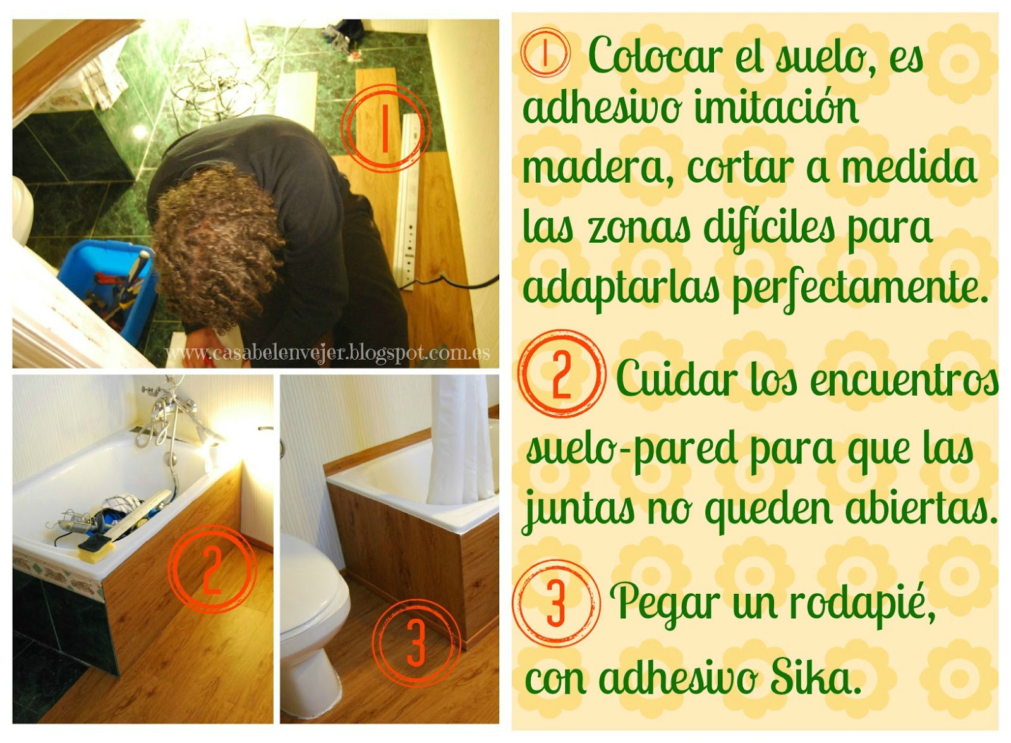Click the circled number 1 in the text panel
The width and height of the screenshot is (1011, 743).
coord(545,55)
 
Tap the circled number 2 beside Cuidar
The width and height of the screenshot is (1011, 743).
coord(562,375)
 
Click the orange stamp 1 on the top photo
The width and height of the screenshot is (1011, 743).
coord(384,128)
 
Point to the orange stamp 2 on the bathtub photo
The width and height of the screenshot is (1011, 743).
coord(211,569)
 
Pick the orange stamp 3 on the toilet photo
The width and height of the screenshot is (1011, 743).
coord(416,643)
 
